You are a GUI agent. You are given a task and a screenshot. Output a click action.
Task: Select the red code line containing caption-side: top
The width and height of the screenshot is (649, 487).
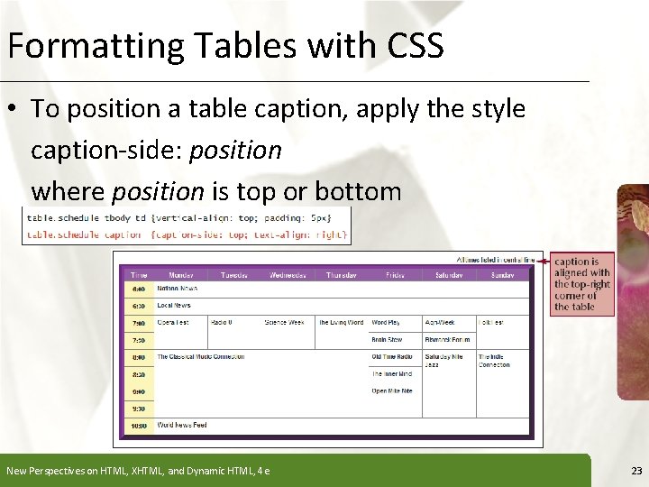pos(186,234)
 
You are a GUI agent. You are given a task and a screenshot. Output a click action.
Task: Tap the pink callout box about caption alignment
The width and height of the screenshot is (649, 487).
pos(582,284)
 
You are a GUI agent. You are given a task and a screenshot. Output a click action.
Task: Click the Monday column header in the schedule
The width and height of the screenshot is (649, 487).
pos(181,274)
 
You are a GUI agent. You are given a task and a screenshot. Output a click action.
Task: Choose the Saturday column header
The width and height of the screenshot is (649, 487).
pos(448,274)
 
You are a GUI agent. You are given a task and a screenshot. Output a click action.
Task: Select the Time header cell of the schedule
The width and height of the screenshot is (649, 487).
pos(139,274)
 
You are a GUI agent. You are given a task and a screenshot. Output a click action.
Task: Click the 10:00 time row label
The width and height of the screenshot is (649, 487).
pos(139,426)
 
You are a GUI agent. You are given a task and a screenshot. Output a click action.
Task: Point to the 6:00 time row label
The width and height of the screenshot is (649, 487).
pos(139,289)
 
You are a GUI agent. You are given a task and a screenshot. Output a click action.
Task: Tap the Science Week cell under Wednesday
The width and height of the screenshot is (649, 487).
pos(284,322)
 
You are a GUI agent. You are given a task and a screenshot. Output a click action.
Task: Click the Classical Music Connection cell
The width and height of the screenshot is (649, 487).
pos(200,356)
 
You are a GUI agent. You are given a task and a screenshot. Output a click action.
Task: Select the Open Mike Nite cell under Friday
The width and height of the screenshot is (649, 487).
pos(391,391)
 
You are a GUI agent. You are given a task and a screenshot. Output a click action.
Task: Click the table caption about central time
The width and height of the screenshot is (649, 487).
pos(495,260)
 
